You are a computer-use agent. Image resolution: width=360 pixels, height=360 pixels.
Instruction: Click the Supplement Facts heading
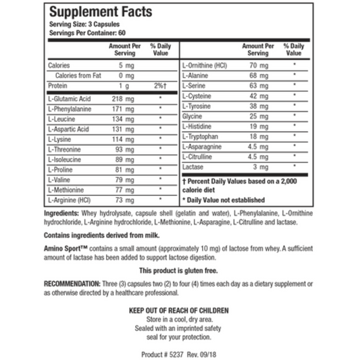100,13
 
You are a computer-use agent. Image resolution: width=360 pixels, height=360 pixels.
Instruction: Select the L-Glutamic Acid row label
69,99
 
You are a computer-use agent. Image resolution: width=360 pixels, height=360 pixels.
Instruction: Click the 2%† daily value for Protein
159,86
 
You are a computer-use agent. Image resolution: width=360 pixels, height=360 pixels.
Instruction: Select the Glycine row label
194,115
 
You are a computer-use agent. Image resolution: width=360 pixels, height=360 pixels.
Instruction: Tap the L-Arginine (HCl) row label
70,200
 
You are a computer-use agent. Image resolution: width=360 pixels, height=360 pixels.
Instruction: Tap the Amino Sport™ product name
65,248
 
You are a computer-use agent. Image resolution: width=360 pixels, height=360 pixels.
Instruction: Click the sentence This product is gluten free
180,269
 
